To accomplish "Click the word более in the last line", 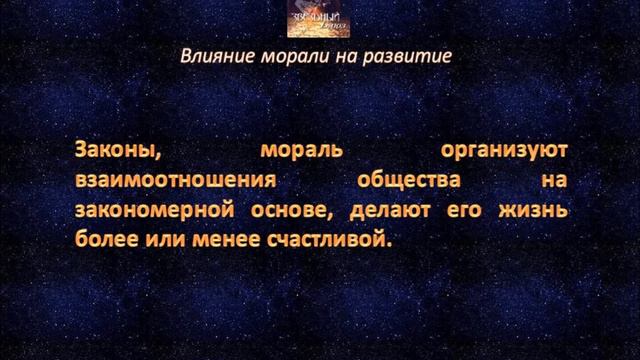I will (106, 242).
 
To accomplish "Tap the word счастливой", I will (331, 242).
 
